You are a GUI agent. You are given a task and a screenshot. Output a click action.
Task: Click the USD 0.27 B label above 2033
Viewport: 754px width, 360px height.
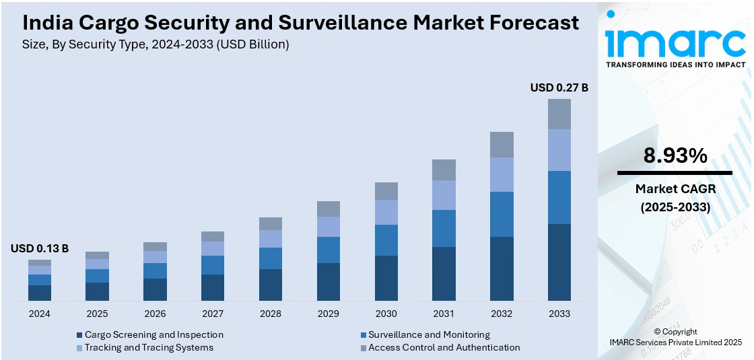tap(559, 87)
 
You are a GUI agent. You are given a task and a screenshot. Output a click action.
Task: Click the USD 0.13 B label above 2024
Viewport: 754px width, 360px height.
tap(40, 248)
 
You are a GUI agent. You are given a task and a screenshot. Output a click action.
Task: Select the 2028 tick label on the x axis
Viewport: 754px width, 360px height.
tap(271, 314)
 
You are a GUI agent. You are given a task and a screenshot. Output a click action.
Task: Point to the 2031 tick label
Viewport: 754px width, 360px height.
tap(444, 314)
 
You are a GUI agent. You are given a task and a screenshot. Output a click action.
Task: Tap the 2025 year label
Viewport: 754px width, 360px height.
tap(97, 314)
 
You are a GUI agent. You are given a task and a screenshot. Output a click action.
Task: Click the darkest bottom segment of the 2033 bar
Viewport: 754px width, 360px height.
tap(559, 262)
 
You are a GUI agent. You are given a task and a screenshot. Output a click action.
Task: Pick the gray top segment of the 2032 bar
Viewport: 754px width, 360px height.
tap(502, 145)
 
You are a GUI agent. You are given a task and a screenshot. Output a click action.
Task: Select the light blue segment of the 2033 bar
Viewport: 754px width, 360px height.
tap(559, 150)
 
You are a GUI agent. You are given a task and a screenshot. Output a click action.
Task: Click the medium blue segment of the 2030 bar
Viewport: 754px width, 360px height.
tap(386, 240)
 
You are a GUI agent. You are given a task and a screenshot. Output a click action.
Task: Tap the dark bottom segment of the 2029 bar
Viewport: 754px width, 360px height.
tap(329, 282)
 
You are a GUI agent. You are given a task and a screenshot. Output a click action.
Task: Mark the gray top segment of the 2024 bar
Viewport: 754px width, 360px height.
tap(40, 262)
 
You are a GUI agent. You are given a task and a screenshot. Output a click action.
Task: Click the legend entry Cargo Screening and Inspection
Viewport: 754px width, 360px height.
tap(153, 334)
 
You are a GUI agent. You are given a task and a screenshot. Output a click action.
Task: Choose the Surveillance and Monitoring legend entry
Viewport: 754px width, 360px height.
tap(429, 334)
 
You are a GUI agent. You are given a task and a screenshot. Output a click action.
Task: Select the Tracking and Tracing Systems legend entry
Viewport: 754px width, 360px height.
tap(149, 347)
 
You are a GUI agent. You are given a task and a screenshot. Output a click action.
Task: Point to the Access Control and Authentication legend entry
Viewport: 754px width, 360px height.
tap(444, 347)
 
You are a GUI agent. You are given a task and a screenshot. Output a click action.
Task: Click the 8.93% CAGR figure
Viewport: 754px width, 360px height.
tap(675, 156)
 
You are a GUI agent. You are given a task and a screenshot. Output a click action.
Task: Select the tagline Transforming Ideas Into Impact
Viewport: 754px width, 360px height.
tap(676, 65)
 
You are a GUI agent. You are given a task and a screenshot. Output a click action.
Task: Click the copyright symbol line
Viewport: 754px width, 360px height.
tap(675, 332)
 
